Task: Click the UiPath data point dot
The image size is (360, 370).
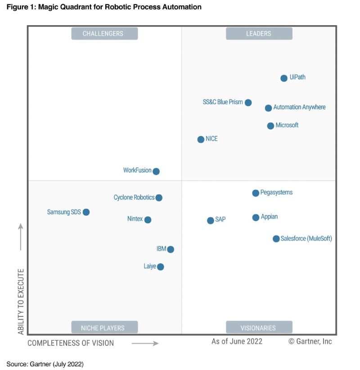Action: coord(284,78)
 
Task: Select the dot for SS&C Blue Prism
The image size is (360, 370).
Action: coord(248,103)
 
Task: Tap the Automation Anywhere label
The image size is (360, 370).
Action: coord(299,107)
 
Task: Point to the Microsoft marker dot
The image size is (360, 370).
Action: coord(270,126)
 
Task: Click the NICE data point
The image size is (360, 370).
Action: coord(201,139)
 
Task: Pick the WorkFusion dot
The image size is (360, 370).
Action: coord(156,171)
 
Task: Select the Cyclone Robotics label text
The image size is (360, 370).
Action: coord(134,197)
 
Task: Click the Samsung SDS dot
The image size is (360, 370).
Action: coord(86,212)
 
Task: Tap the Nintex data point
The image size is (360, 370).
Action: coord(148,220)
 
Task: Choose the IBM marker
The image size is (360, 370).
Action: coord(170,250)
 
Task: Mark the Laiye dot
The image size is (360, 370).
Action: coord(161,267)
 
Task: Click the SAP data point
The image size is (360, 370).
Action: coord(211,220)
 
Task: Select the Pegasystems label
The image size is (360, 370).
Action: coord(276,192)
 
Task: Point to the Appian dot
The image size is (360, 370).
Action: coord(256,218)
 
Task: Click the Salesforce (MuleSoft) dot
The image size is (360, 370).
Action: coord(276,239)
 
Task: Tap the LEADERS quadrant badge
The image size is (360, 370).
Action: coord(259,34)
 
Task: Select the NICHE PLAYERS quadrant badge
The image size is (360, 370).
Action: coord(104,328)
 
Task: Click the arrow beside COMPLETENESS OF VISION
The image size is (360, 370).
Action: coord(145,343)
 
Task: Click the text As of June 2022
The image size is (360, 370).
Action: coord(237,342)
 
